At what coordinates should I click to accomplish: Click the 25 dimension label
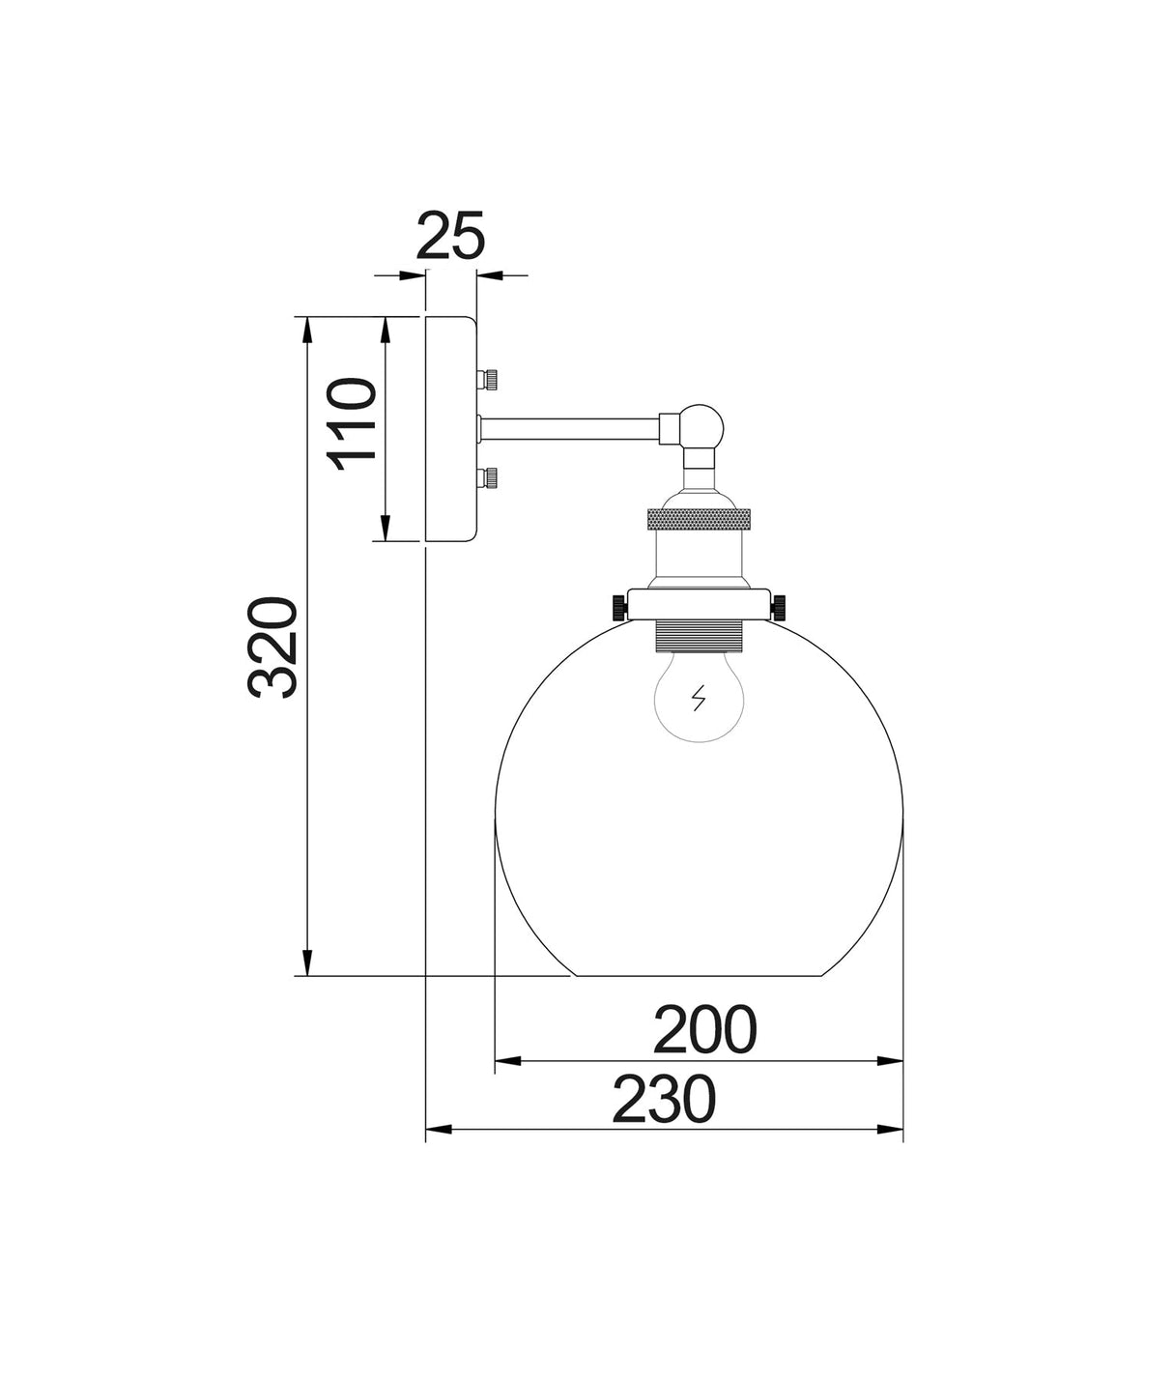pyautogui.click(x=450, y=236)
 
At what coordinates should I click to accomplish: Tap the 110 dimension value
pyautogui.click(x=351, y=424)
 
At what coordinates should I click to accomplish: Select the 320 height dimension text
pyautogui.click(x=272, y=647)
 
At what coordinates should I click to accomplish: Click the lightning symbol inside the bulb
pyautogui.click(x=699, y=698)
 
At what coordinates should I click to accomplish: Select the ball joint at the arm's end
pyautogui.click(x=704, y=424)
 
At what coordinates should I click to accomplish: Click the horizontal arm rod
pyautogui.click(x=571, y=429)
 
